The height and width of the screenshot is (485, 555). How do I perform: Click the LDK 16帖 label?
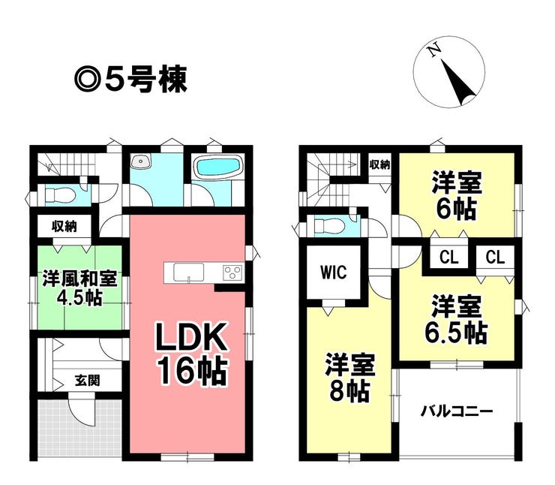pos(191,354)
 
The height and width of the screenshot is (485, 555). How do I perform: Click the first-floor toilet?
pos(60,195)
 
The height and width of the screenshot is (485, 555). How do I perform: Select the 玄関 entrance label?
pos(87,381)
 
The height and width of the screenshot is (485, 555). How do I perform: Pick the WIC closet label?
pos(334,272)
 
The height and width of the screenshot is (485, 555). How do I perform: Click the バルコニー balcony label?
pos(457,411)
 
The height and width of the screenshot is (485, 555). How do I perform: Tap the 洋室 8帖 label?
pos(350,378)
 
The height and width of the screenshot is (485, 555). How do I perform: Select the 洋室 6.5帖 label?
pos(456,320)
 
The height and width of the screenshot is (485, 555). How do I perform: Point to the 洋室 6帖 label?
pos(457,195)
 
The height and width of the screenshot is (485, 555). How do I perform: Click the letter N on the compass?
pos(435,50)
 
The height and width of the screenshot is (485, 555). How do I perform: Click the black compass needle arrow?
pos(457,82)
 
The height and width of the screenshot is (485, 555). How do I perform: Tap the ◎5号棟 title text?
pos(130,80)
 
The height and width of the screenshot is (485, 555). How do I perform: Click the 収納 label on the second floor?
pos(379,164)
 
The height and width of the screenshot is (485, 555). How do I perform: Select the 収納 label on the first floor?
pos(64,226)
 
